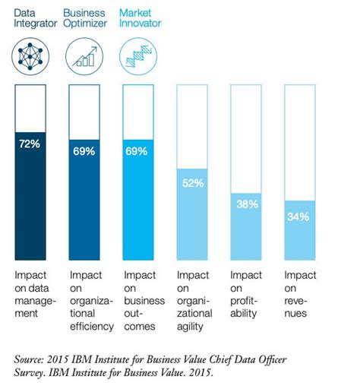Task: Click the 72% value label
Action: click(x=30, y=143)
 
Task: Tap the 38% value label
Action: click(x=245, y=204)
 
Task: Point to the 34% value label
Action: click(x=298, y=217)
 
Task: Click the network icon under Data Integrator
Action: click(x=30, y=55)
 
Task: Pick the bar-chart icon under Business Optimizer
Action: click(x=84, y=55)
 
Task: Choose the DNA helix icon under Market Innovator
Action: click(x=137, y=55)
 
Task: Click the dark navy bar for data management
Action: click(x=30, y=198)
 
